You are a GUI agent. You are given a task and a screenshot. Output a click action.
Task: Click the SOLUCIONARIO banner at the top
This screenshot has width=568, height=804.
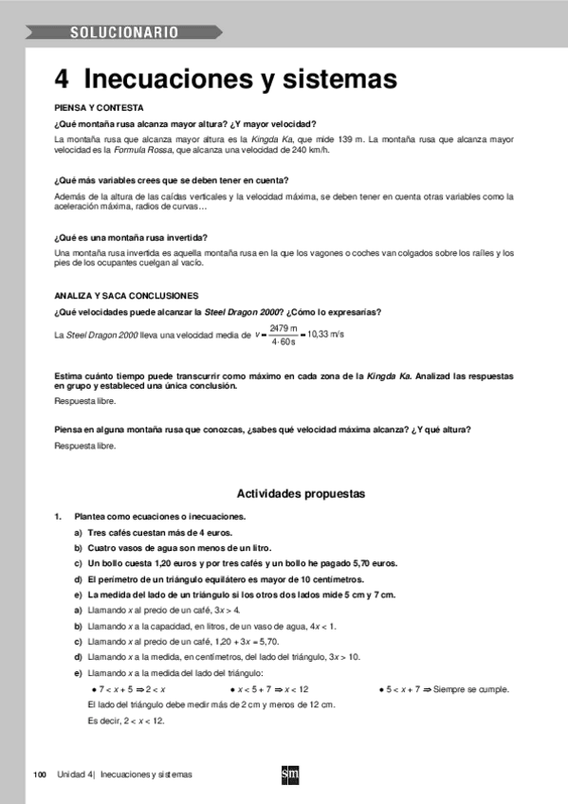[123, 33]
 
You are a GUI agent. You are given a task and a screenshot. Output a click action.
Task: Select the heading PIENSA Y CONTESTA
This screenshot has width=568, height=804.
[100, 109]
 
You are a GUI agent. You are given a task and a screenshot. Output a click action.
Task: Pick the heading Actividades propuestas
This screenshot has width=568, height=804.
[300, 494]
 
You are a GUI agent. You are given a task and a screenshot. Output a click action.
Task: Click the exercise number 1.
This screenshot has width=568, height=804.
[58, 517]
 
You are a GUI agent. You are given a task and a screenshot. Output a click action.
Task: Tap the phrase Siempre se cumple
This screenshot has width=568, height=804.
[470, 689]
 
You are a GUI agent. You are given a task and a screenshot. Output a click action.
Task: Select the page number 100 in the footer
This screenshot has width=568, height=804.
[40, 775]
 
